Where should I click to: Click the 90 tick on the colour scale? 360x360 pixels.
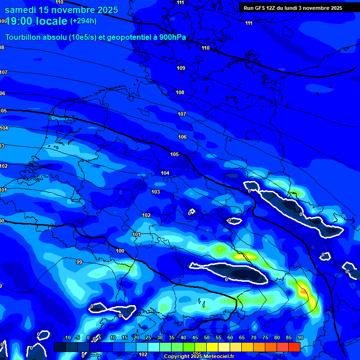[300, 338]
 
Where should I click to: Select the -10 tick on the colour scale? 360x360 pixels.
[66, 338]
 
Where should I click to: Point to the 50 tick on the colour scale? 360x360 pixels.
[207, 338]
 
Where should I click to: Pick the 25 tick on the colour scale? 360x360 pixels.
[148, 338]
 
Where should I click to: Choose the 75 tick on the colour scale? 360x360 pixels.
[265, 338]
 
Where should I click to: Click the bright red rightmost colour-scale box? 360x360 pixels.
[294, 347]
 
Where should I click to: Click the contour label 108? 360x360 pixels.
[180, 92]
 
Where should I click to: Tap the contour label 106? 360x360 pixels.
[182, 137]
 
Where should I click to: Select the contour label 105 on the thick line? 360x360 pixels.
[174, 154]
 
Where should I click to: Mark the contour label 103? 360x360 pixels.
[156, 192]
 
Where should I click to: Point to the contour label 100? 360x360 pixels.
[120, 251]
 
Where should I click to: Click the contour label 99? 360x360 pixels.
[79, 262]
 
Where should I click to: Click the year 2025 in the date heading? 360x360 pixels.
[107, 10]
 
